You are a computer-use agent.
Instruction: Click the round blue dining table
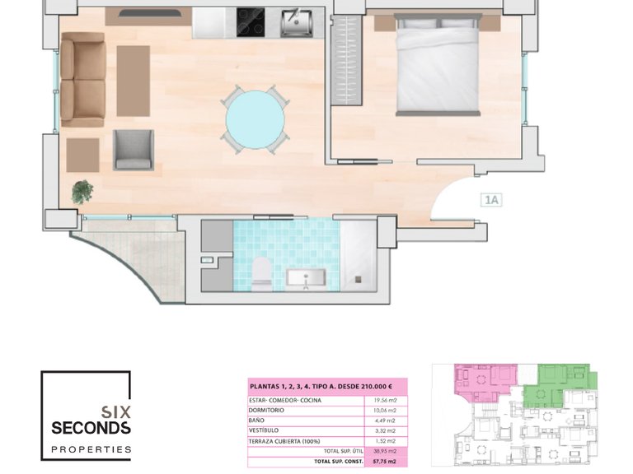tap(256, 118)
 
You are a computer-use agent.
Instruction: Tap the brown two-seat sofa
tap(82, 79)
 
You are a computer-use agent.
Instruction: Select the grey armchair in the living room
tap(134, 149)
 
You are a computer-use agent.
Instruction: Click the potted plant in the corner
tap(82, 192)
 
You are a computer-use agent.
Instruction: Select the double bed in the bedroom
tap(438, 66)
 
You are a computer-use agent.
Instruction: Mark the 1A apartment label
tap(492, 198)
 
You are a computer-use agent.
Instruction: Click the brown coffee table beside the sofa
tap(133, 80)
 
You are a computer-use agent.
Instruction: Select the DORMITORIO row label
tap(267, 411)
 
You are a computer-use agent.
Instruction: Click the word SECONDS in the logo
tap(91, 428)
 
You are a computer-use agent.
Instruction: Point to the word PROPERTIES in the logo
tap(91, 449)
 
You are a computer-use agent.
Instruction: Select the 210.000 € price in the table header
tap(382, 385)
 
